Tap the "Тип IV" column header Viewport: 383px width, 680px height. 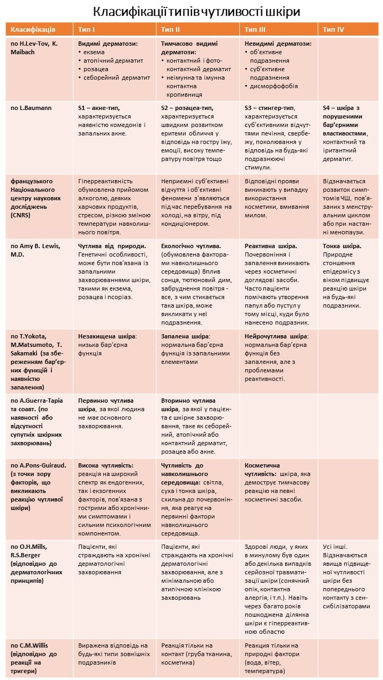pyautogui.click(x=334, y=29)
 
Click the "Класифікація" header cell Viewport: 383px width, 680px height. pyautogui.click(x=33, y=29)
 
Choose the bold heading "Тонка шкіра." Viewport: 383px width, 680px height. pyautogui.click(x=342, y=246)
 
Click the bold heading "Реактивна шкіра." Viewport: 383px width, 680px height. pyautogui.click(x=271, y=246)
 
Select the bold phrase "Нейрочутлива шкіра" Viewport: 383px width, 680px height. pyautogui.click(x=276, y=336)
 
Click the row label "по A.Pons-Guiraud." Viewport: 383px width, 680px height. pyautogui.click(x=38, y=465)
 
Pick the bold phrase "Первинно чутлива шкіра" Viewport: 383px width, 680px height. pyautogui.click(x=106, y=404)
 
